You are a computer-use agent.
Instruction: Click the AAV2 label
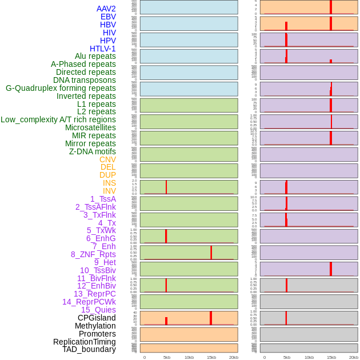[x=106, y=9]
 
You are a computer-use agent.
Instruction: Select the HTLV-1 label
[x=102, y=49]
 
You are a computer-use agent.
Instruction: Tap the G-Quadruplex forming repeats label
[x=61, y=88]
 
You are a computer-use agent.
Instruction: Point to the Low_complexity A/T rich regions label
[x=58, y=119]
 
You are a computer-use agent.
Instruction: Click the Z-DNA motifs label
[x=93, y=151]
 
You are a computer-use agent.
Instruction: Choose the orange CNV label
[x=107, y=159]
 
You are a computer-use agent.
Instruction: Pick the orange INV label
[x=109, y=191]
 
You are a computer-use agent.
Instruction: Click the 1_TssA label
[x=103, y=199]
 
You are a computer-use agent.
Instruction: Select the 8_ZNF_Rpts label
[x=93, y=254]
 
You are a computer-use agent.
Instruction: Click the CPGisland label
[x=97, y=318]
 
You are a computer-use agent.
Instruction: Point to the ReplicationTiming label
[x=85, y=342]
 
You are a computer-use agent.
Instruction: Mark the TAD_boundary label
[x=89, y=349]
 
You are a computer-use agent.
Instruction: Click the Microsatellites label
[x=90, y=127]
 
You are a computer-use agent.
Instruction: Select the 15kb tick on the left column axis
[x=211, y=357]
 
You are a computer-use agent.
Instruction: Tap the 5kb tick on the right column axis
[x=286, y=357]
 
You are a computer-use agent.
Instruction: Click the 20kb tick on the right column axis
[x=354, y=357]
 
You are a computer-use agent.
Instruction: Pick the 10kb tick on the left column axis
[x=189, y=357]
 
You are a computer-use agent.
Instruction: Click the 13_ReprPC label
[x=94, y=294]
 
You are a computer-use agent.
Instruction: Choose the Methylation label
[x=95, y=326]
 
